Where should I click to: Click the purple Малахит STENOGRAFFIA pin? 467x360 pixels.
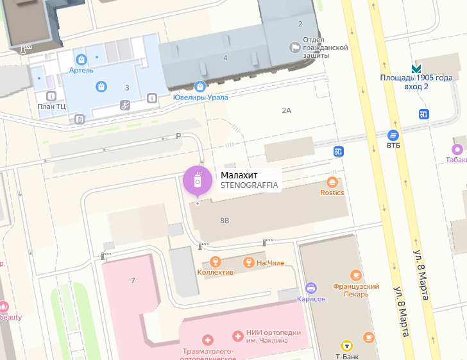coord(198,180)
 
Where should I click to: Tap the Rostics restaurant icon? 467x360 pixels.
coord(332,182)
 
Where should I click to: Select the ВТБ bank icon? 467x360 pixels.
coord(393,135)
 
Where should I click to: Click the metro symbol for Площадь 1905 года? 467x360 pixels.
coord(416,68)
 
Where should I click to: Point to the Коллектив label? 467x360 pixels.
coord(215,272)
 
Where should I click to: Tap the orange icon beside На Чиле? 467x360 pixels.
coord(248,262)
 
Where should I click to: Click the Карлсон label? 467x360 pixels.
coord(311,299)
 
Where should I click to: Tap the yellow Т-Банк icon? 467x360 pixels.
coord(346,344)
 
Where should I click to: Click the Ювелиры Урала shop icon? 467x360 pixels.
coord(200,86)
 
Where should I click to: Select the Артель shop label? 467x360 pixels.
coord(81,71)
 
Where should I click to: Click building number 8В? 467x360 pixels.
coord(225,221)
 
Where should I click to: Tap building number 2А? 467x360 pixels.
coord(287,110)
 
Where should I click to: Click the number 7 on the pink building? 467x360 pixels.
coord(133,280)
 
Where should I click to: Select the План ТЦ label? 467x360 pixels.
coord(52,107)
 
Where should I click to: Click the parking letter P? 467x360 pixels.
coord(179,136)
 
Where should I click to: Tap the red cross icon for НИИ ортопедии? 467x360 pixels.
coord(238,334)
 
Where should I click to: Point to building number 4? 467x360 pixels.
coord(225,58)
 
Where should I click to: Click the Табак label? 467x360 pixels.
coord(457,160)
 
